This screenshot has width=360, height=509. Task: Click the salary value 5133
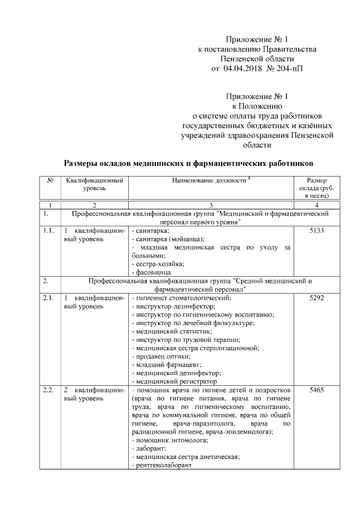(317, 231)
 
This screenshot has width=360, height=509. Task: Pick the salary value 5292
(317, 298)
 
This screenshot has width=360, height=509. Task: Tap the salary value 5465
(317, 390)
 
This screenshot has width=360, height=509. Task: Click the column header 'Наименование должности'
(209, 181)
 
